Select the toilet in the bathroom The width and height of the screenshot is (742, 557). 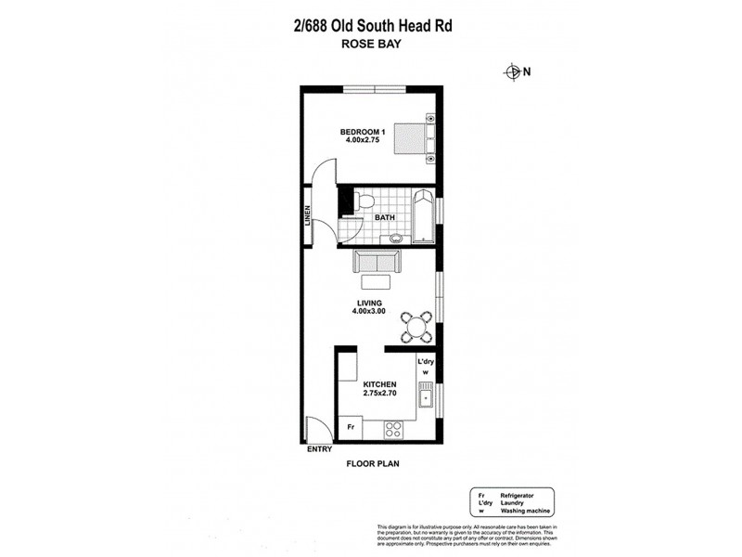point(365,201)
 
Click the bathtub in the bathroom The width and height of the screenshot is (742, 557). point(423,216)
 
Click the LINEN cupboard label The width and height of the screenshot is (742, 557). point(306,214)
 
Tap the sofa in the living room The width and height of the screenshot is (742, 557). point(376,263)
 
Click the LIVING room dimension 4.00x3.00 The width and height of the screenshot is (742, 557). point(369,311)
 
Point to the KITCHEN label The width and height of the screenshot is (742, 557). point(379,383)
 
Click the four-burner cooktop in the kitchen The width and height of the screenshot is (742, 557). point(393,429)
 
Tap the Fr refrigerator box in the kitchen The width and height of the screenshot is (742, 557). point(352,427)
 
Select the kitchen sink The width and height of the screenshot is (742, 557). point(426,397)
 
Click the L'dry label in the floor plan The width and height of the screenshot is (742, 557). point(426,360)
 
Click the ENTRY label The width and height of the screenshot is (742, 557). point(320,450)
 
